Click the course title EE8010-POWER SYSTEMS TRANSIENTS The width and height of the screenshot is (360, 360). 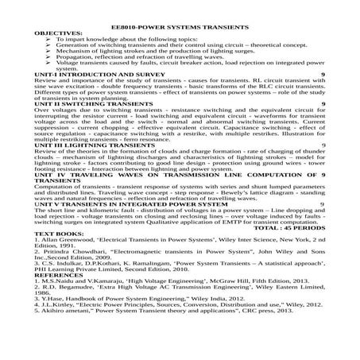click(180, 27)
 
